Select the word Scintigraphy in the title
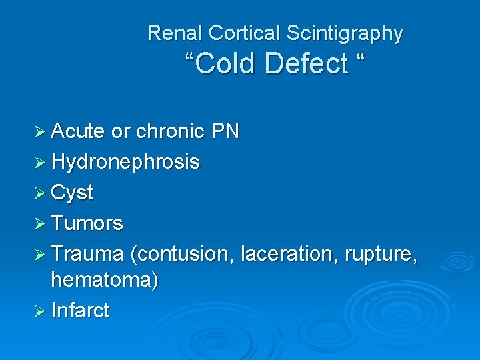tap(345, 33)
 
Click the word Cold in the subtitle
tap(225, 64)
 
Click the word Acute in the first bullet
tap(78, 131)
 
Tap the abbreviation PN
tap(225, 131)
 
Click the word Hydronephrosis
tap(125, 162)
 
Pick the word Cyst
tap(72, 193)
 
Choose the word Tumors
tap(87, 223)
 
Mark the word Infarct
tap(80, 310)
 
